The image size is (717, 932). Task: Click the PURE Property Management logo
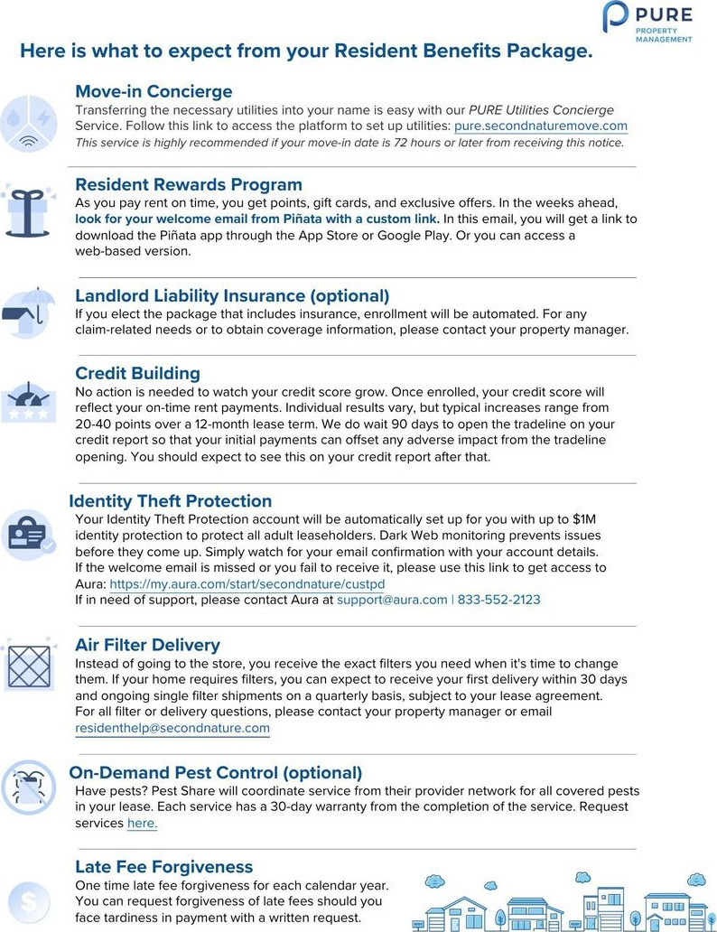(648, 23)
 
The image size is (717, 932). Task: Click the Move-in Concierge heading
(154, 91)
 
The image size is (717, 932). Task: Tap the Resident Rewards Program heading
(188, 185)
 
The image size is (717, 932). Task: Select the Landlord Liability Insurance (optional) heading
(232, 296)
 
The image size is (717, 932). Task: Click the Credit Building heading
(137, 373)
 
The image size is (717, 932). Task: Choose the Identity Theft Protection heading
(170, 501)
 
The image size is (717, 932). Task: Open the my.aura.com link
(247, 584)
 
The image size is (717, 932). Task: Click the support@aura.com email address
(392, 600)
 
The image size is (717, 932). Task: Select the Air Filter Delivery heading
(147, 645)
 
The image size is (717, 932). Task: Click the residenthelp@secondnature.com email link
(172, 728)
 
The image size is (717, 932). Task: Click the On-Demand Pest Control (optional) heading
(216, 772)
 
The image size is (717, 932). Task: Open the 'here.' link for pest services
(142, 824)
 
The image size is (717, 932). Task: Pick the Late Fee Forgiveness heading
(163, 867)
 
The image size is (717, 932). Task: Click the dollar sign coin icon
(29, 900)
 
